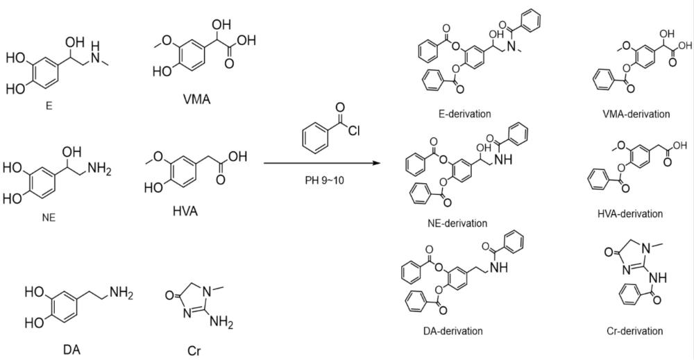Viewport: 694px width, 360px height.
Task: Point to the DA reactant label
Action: pos(71,349)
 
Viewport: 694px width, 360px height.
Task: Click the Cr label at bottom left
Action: pos(194,350)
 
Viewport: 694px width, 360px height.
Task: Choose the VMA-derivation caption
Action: pos(636,114)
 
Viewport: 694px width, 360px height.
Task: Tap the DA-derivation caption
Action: pos(452,331)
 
